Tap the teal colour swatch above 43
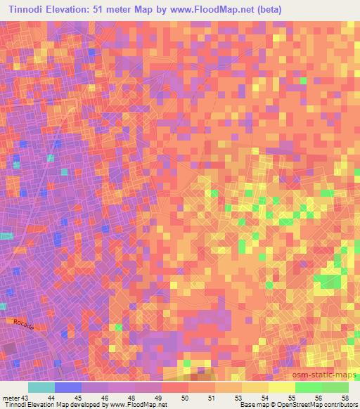click(41, 387)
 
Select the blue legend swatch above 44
click(68, 387)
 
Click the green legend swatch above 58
click(335, 387)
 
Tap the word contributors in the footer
click(339, 405)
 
